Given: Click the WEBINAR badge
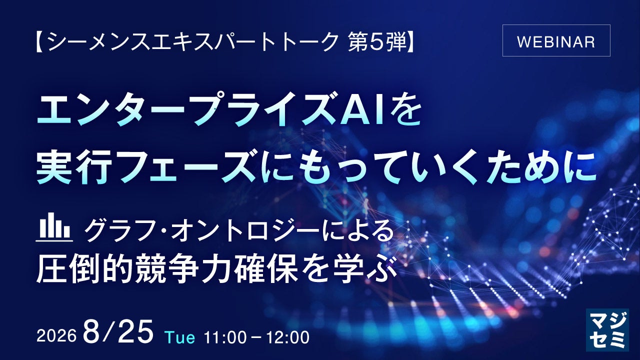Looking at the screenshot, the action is click(x=556, y=40).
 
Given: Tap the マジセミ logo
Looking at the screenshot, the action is click(x=607, y=330).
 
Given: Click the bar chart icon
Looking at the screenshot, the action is click(x=54, y=227).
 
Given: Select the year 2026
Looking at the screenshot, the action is click(x=56, y=336).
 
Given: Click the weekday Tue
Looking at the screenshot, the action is click(x=180, y=337).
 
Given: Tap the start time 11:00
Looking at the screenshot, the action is click(x=225, y=337).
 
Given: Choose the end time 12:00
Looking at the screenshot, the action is click(x=288, y=337).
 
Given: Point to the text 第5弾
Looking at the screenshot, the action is click(x=377, y=42).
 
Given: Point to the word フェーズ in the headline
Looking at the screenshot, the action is click(x=187, y=168).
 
